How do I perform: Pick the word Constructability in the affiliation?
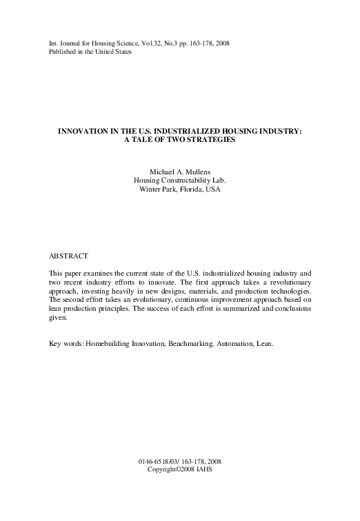click(x=181, y=181)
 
